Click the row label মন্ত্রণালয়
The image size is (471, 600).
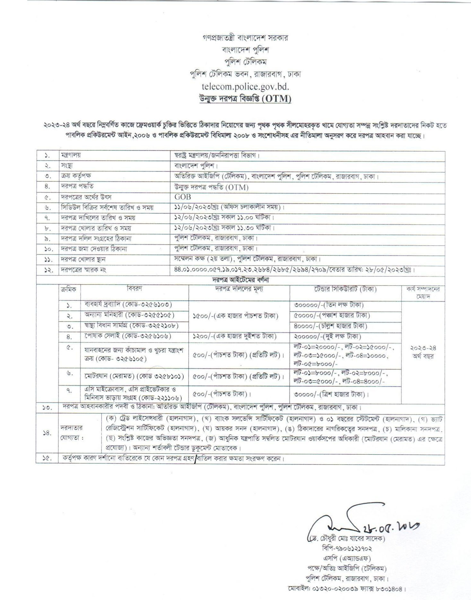(x=71, y=155)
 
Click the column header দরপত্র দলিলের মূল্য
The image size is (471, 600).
(x=239, y=289)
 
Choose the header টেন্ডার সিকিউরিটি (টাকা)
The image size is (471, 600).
(x=345, y=289)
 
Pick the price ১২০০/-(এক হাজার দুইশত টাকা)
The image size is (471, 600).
(x=234, y=336)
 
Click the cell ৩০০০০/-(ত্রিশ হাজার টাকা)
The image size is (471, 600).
(x=331, y=394)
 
